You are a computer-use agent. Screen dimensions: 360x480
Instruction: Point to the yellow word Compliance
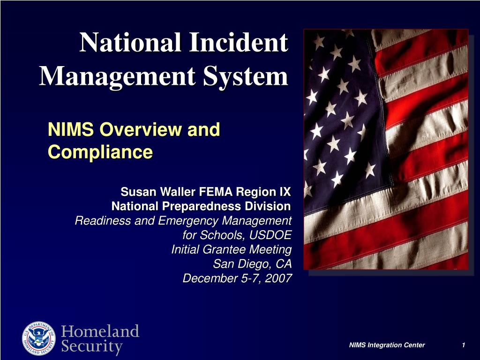point(100,152)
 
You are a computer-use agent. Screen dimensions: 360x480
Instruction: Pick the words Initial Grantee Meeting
point(231,249)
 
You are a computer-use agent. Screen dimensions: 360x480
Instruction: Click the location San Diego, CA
point(252,264)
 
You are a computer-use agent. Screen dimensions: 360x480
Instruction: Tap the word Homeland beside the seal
point(100,331)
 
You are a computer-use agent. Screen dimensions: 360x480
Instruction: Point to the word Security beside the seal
point(92,347)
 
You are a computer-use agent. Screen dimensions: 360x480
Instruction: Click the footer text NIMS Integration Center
point(387,345)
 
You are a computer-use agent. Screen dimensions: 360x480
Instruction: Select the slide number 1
point(463,345)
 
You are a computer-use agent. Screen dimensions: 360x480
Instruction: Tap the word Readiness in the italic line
point(103,220)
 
